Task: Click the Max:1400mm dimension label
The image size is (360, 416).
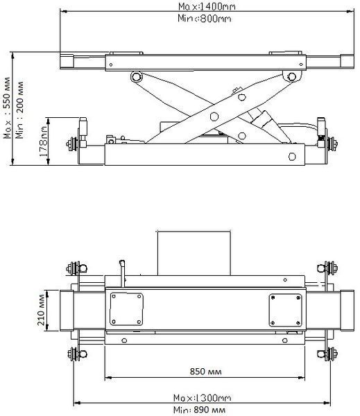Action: click(207, 6)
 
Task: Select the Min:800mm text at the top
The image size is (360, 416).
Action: click(204, 19)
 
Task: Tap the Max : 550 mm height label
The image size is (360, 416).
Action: click(7, 108)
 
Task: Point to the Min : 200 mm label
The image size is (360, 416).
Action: click(19, 110)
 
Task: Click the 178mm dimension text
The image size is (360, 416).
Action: click(43, 141)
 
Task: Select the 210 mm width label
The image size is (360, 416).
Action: click(41, 310)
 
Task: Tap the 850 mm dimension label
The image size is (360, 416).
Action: click(205, 371)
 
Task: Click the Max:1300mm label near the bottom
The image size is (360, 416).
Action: click(202, 398)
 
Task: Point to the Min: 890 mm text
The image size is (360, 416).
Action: click(199, 410)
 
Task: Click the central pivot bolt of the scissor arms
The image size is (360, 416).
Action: click(214, 116)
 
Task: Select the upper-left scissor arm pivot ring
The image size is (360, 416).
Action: click(137, 77)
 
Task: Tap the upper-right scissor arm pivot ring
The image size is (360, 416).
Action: click(292, 77)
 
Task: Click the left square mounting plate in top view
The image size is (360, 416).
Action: click(126, 309)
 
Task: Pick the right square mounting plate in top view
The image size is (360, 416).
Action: click(285, 310)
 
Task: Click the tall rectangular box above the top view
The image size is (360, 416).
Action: click(194, 253)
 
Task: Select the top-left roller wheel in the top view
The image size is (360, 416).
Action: click(76, 268)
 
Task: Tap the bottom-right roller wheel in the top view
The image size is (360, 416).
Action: click(328, 354)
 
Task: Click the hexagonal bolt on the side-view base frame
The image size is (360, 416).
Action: click(292, 157)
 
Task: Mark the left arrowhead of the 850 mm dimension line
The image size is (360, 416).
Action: click(108, 378)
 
